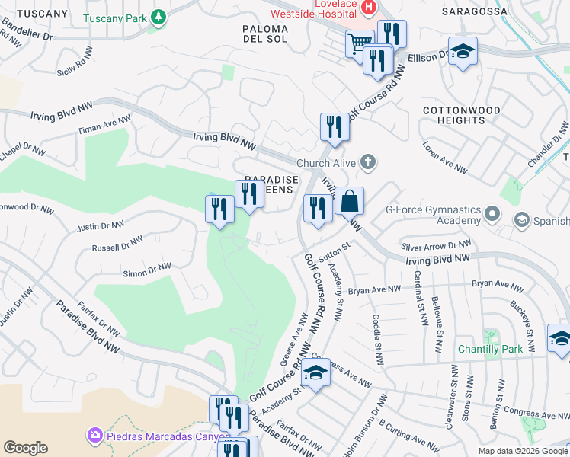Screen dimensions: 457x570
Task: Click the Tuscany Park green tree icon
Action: point(159,17)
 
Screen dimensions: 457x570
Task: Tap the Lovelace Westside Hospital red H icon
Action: point(369,8)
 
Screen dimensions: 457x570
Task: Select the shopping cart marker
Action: point(359,42)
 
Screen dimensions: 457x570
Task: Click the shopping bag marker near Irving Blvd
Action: point(349,202)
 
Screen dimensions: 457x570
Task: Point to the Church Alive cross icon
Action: point(368,161)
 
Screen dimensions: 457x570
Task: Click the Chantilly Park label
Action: point(492,350)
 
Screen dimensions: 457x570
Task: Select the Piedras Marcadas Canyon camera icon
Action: point(95,435)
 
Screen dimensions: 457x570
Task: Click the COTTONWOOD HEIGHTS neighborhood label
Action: point(463,116)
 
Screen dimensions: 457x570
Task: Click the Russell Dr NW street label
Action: point(117,244)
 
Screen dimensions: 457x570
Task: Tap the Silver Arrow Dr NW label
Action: point(437,246)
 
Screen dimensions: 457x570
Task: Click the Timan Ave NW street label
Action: point(104,126)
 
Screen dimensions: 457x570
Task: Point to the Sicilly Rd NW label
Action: point(78,66)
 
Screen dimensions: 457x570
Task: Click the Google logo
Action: point(25,448)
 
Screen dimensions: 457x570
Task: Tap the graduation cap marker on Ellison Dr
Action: point(462,51)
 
